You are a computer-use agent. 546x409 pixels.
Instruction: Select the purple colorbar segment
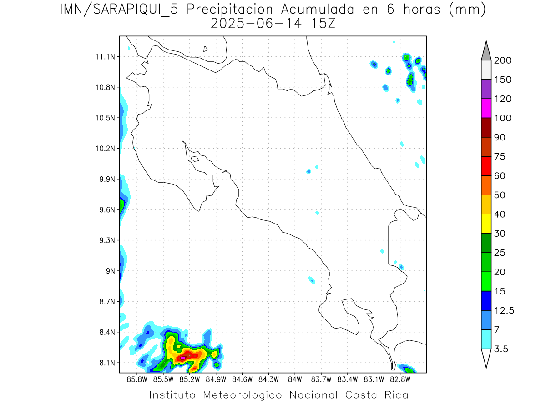tap(486, 89)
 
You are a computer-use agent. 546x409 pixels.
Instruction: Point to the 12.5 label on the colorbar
tap(504, 311)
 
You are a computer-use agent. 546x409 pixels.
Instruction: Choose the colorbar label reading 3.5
tap(502, 349)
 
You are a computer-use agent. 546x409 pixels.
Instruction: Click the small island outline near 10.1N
tap(195, 159)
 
